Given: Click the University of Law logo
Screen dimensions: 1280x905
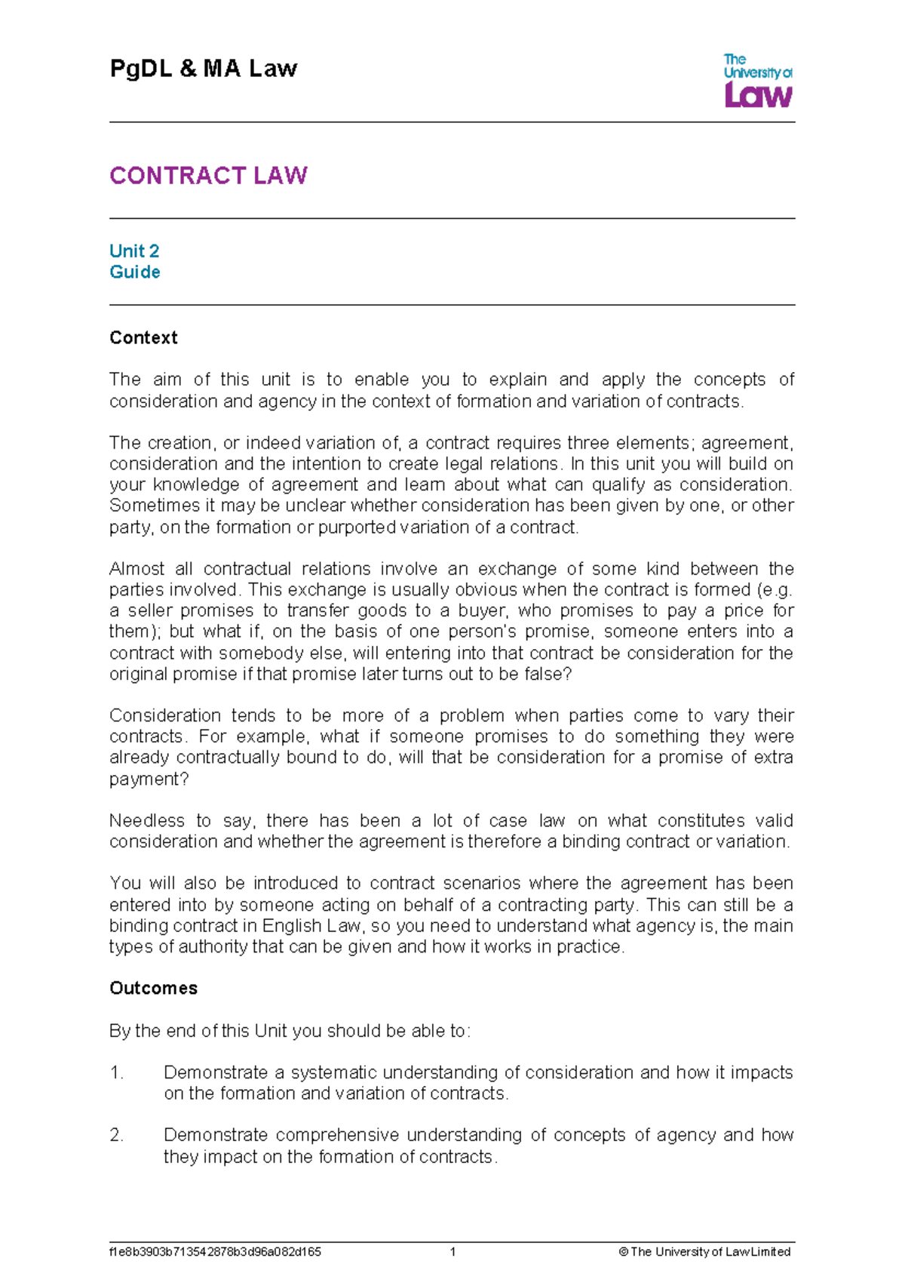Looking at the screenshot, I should [757, 81].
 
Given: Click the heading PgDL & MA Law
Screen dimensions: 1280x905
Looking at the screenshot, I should [204, 69].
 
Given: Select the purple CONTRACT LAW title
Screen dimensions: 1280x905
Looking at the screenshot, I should [208, 176].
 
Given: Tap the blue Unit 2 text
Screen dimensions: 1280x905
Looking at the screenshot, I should [134, 251].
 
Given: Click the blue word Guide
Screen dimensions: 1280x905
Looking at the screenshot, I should [135, 272].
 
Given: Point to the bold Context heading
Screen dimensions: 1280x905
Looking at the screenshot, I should [143, 337].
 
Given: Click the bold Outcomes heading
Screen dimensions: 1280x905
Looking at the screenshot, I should [153, 988].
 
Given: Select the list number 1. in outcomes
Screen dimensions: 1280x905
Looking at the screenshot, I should [116, 1072].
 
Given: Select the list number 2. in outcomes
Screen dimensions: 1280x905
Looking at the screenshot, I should [116, 1135].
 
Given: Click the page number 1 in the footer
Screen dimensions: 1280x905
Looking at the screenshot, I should [452, 1251].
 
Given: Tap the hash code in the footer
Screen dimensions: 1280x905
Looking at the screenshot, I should [215, 1251].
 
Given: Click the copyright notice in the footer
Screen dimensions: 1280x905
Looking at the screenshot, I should [704, 1251].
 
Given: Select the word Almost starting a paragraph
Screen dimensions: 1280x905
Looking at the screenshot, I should [137, 568].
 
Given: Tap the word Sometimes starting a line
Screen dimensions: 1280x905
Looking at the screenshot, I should [155, 505].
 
